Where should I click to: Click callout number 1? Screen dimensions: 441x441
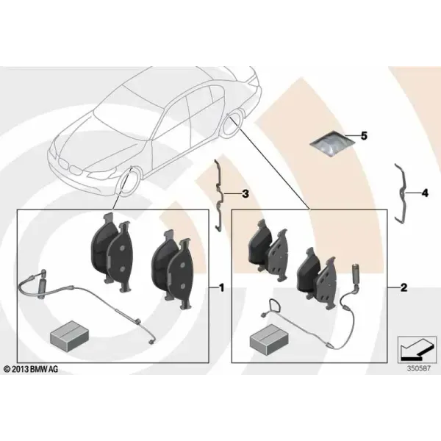pyautogui.click(x=222, y=287)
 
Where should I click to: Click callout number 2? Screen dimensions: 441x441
pyautogui.click(x=404, y=287)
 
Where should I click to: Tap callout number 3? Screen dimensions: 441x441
pyautogui.click(x=245, y=194)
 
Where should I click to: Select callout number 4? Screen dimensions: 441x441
pyautogui.click(x=425, y=193)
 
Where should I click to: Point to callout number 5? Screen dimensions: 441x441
pyautogui.click(x=364, y=136)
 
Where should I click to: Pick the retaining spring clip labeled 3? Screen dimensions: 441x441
pyautogui.click(x=219, y=196)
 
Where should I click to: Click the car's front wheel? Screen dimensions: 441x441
pyautogui.click(x=127, y=181)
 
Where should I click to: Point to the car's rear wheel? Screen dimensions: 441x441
pyautogui.click(x=232, y=123)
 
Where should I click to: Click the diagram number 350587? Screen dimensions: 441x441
pyautogui.click(x=418, y=368)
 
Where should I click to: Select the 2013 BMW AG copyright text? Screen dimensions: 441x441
pyautogui.click(x=31, y=369)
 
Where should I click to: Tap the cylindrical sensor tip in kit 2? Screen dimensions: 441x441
pyautogui.click(x=355, y=273)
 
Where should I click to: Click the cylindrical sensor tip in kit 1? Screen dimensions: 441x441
pyautogui.click(x=44, y=279)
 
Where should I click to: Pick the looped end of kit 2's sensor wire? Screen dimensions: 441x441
pyautogui.click(x=273, y=306)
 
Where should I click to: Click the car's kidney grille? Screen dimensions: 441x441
pyautogui.click(x=71, y=167)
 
